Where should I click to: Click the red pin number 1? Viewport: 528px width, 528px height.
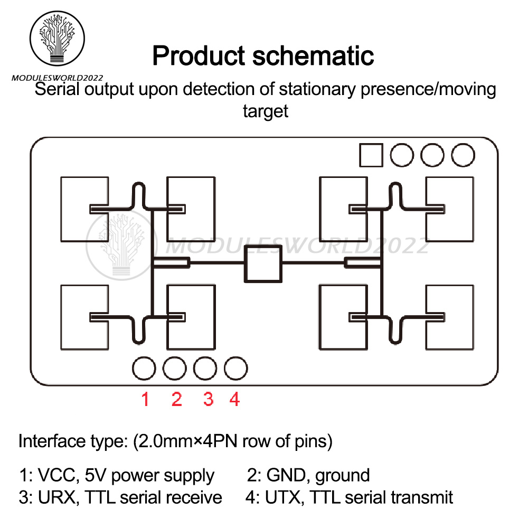point(145,399)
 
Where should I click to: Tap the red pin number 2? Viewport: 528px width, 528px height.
point(176,399)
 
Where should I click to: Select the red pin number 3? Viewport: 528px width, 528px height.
point(208,399)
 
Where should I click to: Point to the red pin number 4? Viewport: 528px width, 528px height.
point(234,399)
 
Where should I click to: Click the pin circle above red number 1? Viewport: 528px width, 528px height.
point(144,368)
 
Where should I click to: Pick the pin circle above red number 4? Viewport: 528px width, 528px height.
point(235,368)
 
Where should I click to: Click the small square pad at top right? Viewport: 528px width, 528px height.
point(371,155)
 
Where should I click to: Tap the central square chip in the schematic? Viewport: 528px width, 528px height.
point(263,262)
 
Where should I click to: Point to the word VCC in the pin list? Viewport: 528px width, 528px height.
point(55,476)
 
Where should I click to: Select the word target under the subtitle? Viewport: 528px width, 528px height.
point(265,111)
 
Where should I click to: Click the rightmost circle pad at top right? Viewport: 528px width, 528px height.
point(463,155)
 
